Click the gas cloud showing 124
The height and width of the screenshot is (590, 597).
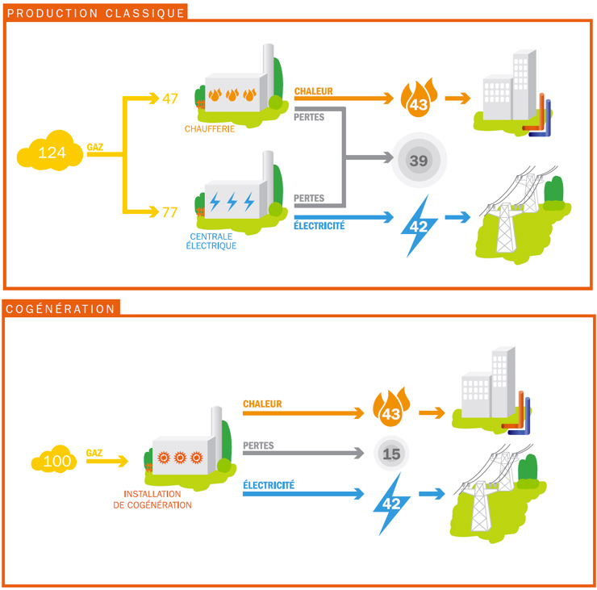[52, 153]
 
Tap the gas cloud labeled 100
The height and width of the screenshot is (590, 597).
[57, 461]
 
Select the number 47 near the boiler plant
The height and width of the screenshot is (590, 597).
[169, 99]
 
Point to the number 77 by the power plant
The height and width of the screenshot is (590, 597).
[169, 212]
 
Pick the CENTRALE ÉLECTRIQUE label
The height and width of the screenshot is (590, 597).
[214, 241]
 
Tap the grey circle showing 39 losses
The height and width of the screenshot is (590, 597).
[418, 161]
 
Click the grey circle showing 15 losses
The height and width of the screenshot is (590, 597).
[391, 454]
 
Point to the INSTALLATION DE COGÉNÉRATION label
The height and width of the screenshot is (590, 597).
[157, 500]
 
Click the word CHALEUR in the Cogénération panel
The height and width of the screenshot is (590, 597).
[262, 403]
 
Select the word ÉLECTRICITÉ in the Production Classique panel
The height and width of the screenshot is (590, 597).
[319, 226]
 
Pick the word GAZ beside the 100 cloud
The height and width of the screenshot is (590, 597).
[94, 453]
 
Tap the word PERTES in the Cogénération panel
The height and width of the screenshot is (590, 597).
[258, 445]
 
